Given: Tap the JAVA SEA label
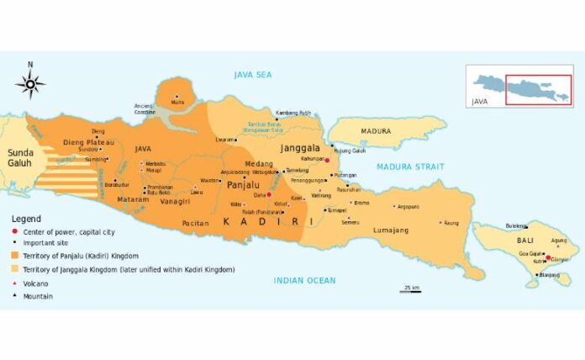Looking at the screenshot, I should (253, 75).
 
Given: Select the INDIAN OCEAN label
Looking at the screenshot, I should (304, 280).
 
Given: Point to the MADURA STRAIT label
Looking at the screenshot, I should (412, 167).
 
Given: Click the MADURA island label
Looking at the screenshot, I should (376, 131).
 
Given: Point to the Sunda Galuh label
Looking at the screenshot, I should (19, 157).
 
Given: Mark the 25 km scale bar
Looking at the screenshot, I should (410, 290).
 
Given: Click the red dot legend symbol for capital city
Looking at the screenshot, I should (13, 230).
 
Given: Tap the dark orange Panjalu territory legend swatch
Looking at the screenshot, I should (13, 256).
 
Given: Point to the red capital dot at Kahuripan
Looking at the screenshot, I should (327, 159).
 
